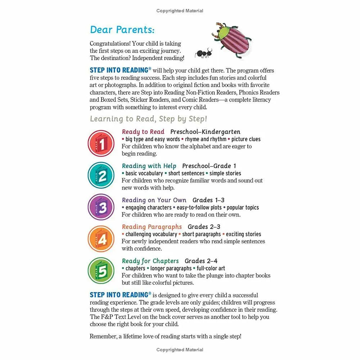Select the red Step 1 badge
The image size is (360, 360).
(101, 144)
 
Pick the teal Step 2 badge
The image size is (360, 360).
(101, 175)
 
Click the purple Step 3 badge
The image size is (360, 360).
(101, 207)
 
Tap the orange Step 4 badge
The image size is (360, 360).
(101, 239)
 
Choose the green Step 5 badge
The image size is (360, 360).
(101, 271)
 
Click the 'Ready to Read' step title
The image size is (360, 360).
(143, 132)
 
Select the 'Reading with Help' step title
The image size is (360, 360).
(149, 166)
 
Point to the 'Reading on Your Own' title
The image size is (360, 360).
(154, 200)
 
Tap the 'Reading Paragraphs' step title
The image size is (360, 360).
(152, 227)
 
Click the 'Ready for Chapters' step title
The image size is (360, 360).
(150, 261)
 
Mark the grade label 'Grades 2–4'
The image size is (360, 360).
(201, 261)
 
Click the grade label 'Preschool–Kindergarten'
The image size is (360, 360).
(205, 132)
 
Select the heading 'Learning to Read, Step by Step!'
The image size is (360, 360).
(148, 119)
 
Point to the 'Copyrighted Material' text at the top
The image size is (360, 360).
(180, 11)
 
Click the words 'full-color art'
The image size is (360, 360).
(211, 268)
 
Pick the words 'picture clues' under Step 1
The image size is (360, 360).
(246, 139)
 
